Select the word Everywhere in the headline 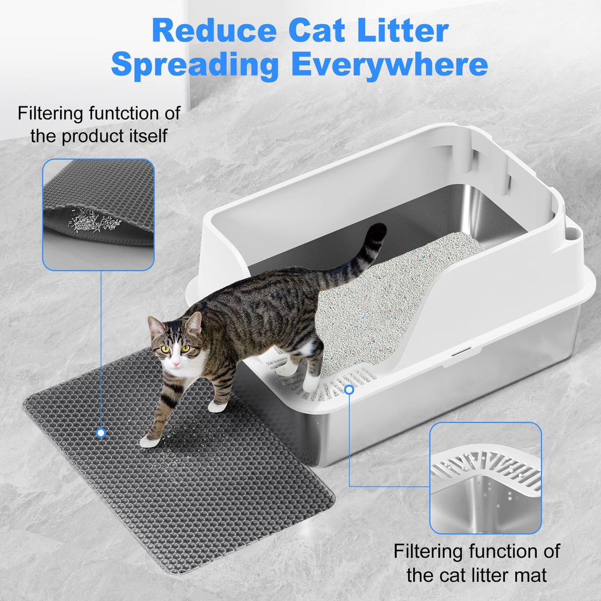coord(389,65)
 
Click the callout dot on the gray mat coord(101,433)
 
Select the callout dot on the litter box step coord(349,389)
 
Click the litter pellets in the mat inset coord(94,220)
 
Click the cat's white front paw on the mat coord(148,442)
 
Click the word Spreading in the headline coord(195,65)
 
